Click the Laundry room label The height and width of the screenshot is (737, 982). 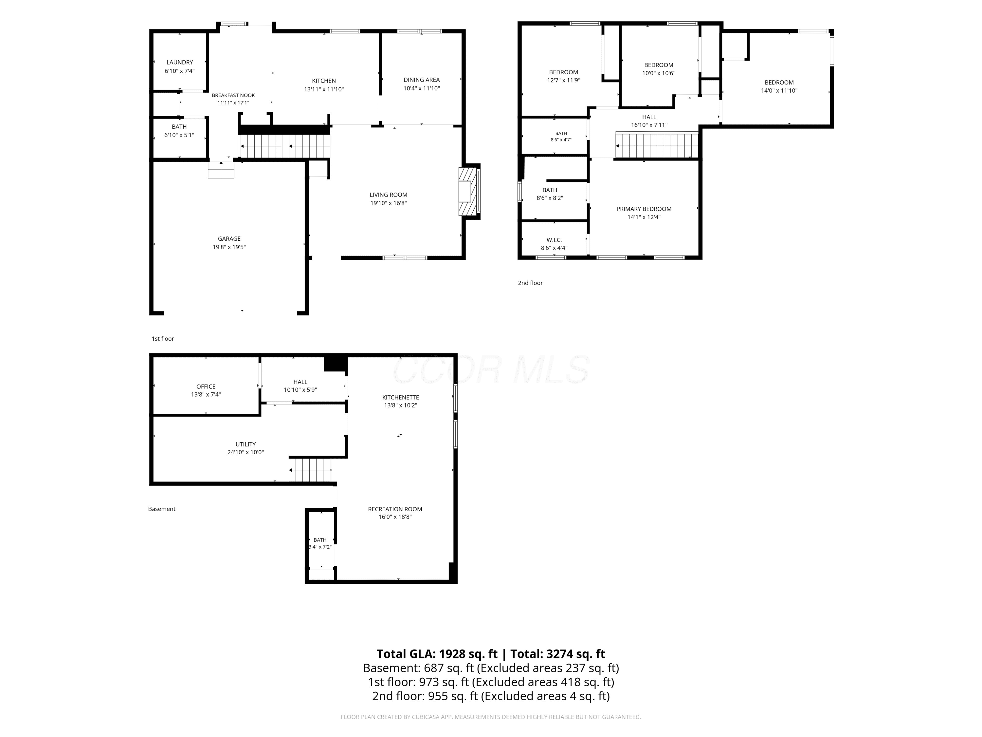coord(180,62)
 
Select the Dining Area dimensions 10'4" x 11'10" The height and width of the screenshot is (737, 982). coord(421,88)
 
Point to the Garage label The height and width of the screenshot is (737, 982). coord(229,238)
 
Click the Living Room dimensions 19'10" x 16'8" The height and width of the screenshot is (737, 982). coord(389,203)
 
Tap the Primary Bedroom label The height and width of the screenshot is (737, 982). coord(644,209)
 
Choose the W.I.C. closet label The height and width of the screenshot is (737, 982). coord(554,240)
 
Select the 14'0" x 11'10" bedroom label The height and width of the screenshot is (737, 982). coord(779,83)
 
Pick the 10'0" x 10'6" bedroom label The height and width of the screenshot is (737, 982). coord(659,65)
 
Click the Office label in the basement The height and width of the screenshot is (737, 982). coord(206,387)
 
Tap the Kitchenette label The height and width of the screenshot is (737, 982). coord(400,397)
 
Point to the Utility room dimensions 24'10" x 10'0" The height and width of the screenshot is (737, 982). coord(245,452)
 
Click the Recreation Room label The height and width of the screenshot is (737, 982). coord(395,509)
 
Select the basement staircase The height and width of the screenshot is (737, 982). coord(310,470)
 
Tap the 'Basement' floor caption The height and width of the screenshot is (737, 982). coord(162,509)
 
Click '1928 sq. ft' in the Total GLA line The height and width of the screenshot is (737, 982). coord(468,654)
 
